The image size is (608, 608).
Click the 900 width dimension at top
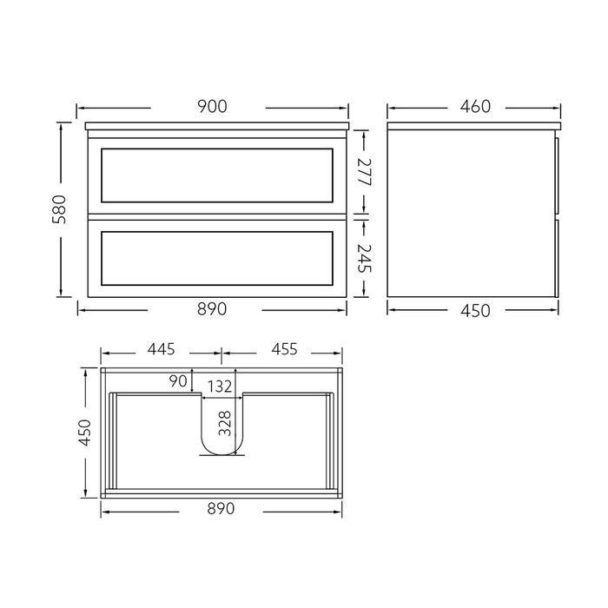(x=212, y=107)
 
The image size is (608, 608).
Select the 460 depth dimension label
(x=475, y=107)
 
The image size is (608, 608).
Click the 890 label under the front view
(x=212, y=309)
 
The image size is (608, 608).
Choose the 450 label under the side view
(x=475, y=310)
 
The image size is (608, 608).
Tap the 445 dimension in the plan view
(x=162, y=350)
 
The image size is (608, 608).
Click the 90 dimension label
(x=180, y=380)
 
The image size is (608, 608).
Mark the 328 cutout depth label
(x=225, y=423)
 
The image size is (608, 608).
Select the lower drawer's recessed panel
(x=216, y=258)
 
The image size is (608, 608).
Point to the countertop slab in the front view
(x=216, y=125)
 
